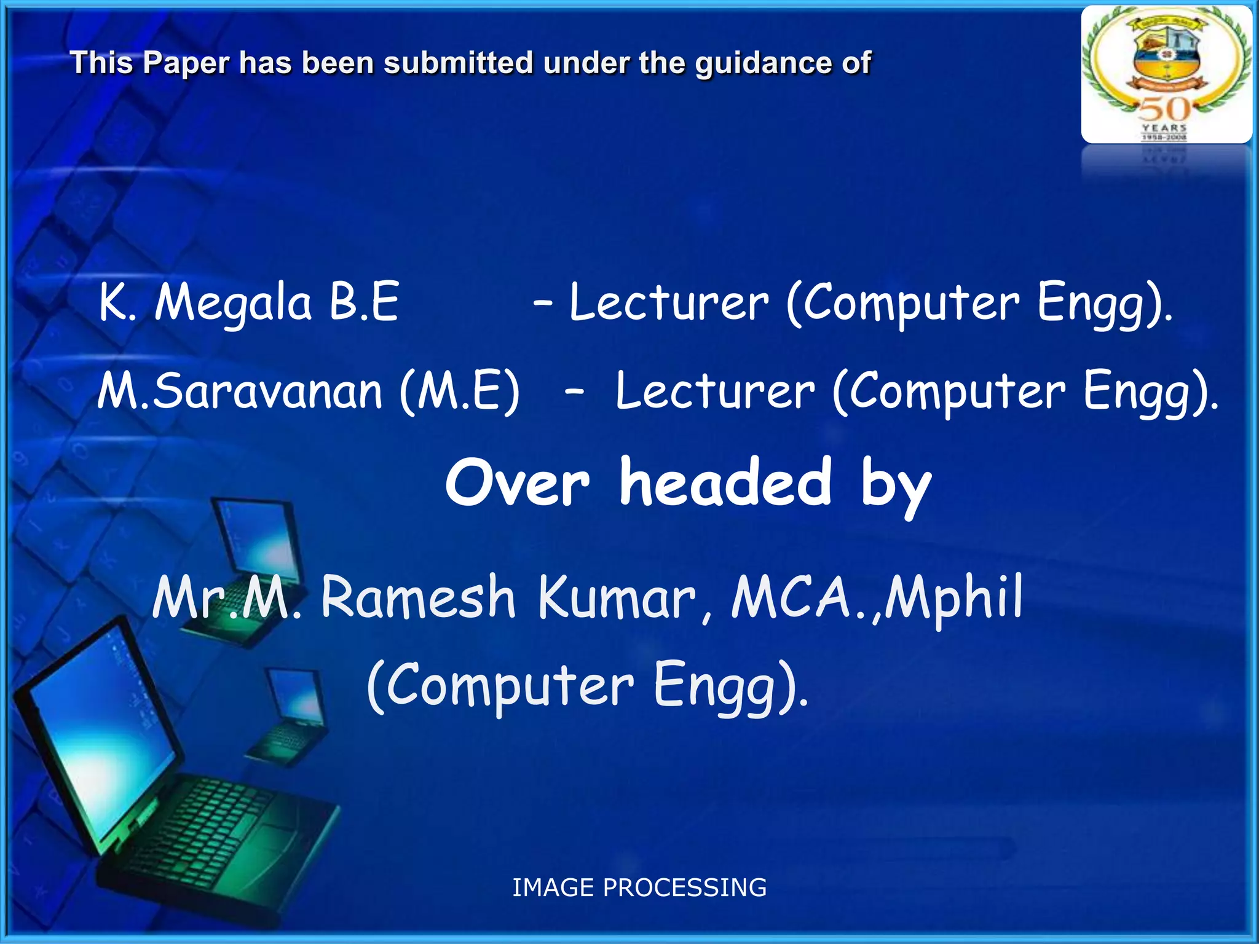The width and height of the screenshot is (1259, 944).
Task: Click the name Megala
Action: click(234, 303)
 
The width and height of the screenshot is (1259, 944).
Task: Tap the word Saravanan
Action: click(267, 391)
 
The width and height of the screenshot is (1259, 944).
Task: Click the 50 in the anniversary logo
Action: click(1166, 109)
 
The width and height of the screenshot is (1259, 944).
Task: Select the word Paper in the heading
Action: click(186, 63)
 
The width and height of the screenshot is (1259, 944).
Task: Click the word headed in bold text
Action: click(725, 483)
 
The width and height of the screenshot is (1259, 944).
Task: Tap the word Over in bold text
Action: click(518, 483)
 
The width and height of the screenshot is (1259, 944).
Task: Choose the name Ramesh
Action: click(418, 597)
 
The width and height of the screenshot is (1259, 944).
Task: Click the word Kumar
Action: click(617, 597)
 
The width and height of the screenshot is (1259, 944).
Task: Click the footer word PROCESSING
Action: click(685, 887)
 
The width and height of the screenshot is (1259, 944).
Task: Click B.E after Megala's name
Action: click(364, 302)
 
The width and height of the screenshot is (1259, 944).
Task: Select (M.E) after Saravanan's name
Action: click(460, 391)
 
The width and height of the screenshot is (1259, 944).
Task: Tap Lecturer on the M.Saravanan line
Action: click(715, 391)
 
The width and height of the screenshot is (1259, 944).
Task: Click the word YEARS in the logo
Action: click(1164, 128)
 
